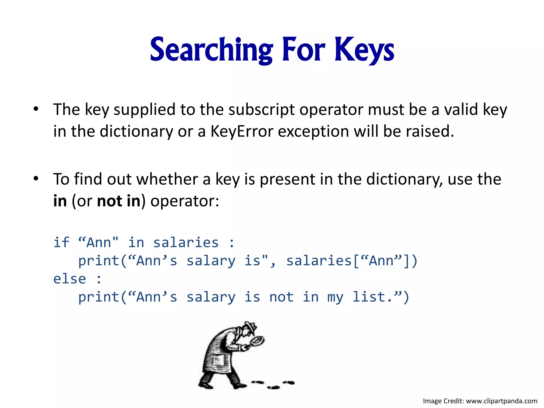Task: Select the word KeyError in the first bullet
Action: click(242, 131)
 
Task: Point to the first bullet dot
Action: click(36, 109)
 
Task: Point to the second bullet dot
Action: click(36, 179)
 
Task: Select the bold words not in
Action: click(118, 201)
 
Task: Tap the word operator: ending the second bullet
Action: click(185, 201)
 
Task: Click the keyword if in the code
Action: click(61, 242)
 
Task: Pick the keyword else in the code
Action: click(70, 279)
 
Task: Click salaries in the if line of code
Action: click(186, 242)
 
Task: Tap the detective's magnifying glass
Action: click(258, 341)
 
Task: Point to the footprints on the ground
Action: click(274, 384)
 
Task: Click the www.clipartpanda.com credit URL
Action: click(501, 401)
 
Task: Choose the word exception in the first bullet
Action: click(313, 131)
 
